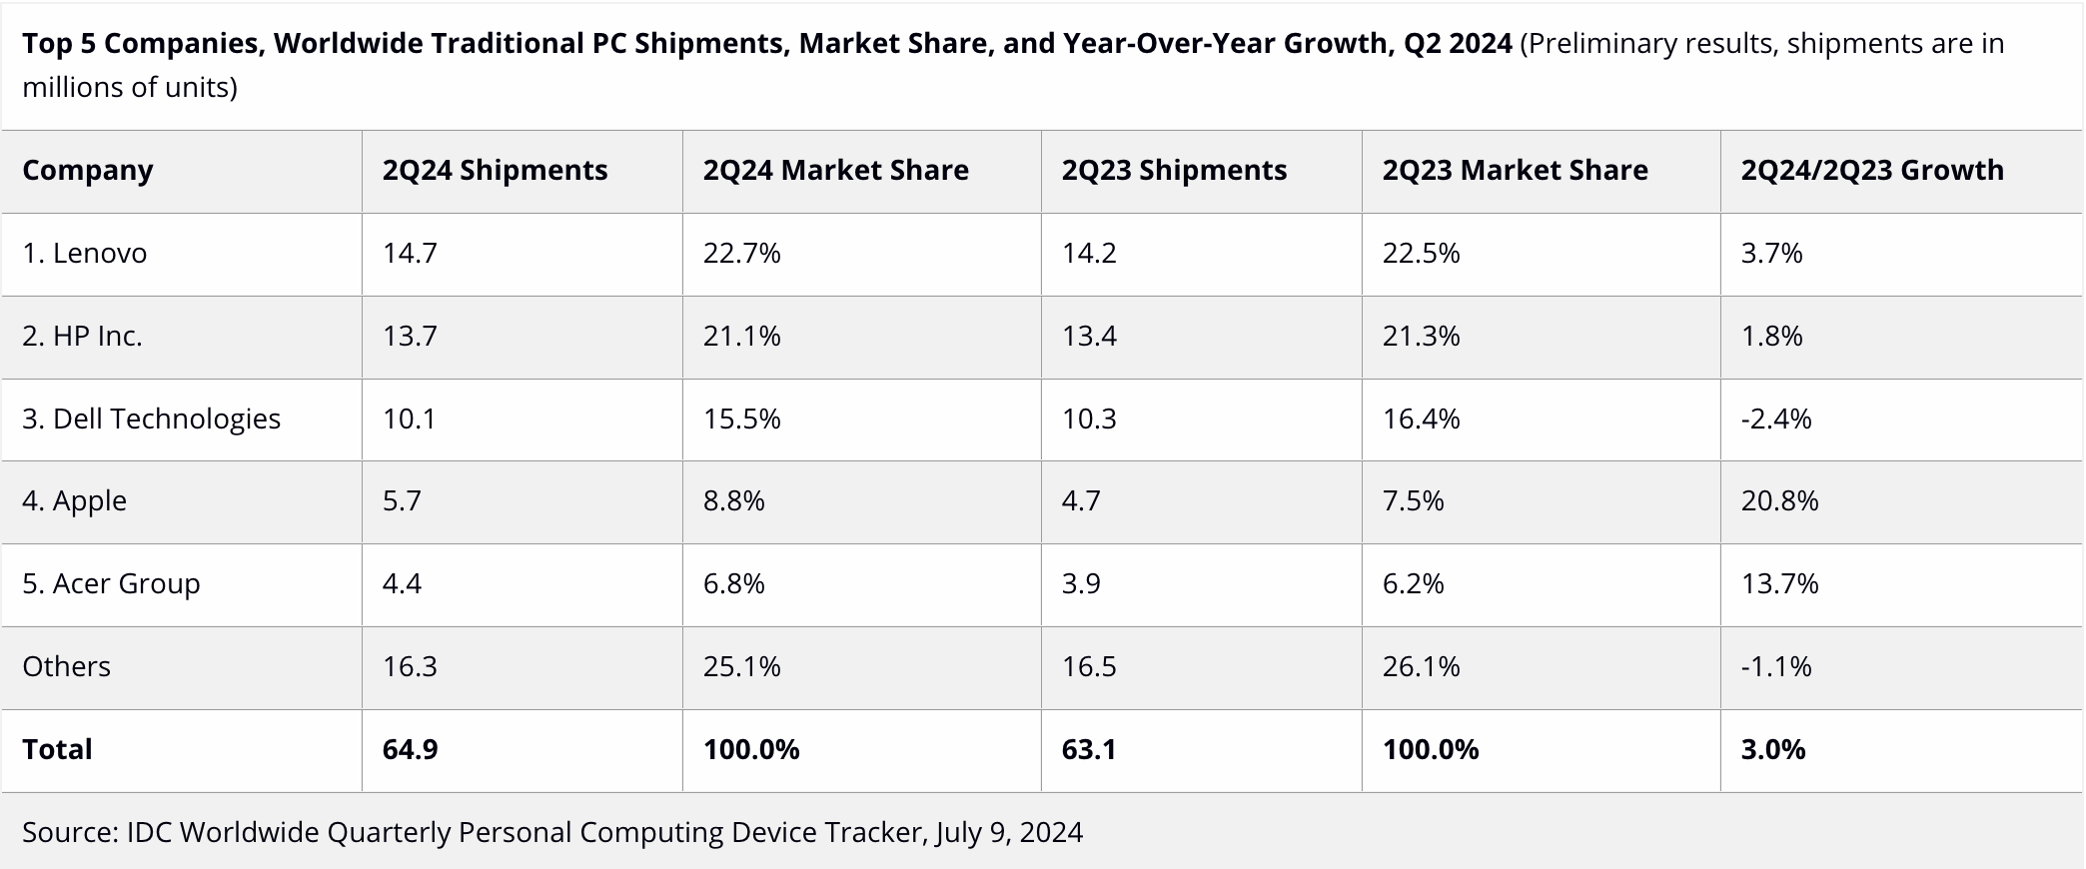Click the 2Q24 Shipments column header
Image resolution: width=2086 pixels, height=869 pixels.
(495, 170)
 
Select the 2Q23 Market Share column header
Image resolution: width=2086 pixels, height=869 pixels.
(1515, 170)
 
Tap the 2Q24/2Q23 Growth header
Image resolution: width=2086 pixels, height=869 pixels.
(1872, 170)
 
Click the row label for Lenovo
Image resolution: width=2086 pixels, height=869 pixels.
(85, 253)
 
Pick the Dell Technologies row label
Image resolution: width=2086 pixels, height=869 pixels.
(151, 419)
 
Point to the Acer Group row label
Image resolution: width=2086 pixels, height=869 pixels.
(111, 583)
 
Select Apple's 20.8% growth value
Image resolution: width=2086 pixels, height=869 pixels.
(1779, 500)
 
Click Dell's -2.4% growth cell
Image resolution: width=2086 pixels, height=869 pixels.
(1776, 419)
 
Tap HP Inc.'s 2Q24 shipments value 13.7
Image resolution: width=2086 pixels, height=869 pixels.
(410, 336)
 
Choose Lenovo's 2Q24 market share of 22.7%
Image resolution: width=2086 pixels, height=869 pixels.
(741, 253)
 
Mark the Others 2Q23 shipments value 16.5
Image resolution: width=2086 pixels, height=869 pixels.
(1089, 666)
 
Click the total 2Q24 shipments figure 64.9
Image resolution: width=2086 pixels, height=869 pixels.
(410, 749)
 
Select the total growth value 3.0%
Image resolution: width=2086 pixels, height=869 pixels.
(1773, 749)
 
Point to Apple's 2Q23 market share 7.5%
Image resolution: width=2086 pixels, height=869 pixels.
(1413, 500)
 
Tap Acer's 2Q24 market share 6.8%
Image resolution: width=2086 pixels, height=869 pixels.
(733, 583)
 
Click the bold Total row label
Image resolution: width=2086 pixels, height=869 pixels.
(57, 749)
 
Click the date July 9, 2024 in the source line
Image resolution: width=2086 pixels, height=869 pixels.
(1009, 832)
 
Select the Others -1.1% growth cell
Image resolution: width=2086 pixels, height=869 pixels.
(1776, 666)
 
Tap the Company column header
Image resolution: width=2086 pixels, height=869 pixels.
(88, 170)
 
